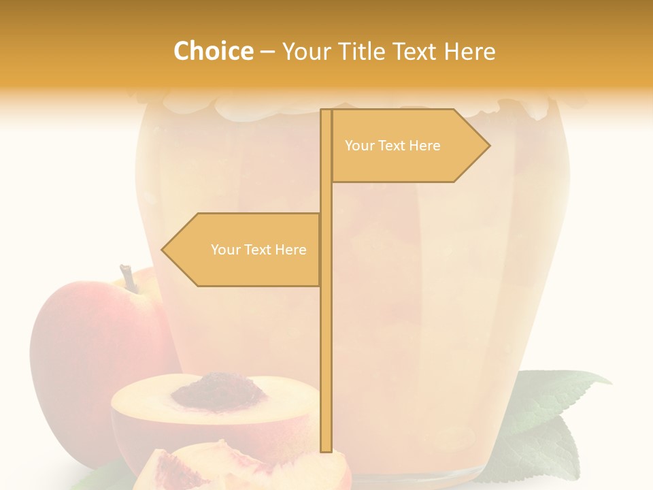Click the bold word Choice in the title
coord(213,51)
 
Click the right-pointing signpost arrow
coord(408,146)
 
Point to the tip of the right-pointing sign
coord(488,146)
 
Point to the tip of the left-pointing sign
coord(163,250)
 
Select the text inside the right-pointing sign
coord(392,146)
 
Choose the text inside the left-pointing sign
coord(258,250)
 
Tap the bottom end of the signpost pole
coord(326,449)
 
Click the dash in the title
coord(267,51)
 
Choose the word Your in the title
coord(305,51)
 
